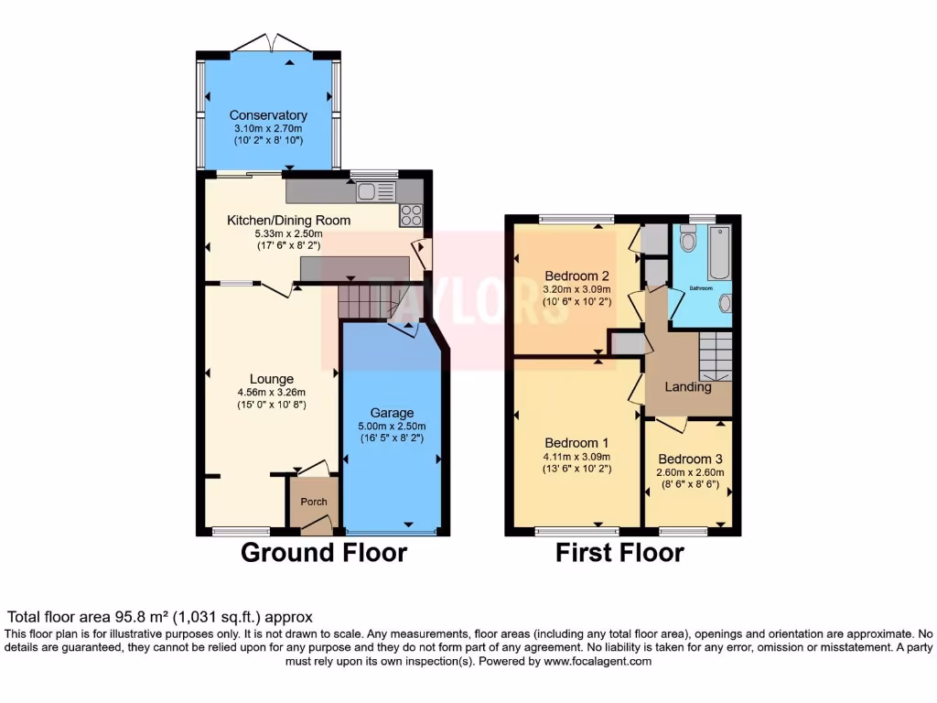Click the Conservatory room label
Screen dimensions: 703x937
[x=268, y=115]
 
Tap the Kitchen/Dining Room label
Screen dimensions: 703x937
[x=288, y=221]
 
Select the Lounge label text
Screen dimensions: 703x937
[x=272, y=379]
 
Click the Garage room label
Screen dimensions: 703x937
[x=392, y=413]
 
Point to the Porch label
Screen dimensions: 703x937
[x=314, y=502]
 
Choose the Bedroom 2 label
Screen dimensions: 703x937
[x=576, y=276]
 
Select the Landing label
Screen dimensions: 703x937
[x=688, y=387]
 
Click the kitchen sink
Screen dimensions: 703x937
[x=376, y=191]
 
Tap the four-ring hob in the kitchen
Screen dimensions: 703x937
[x=411, y=215]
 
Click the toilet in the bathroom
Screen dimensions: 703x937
[x=689, y=238]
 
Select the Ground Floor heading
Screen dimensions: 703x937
[x=324, y=553]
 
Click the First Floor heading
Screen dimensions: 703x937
[x=619, y=553]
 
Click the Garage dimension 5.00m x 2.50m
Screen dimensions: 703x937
[x=392, y=427]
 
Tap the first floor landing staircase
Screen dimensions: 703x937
[x=716, y=355]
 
